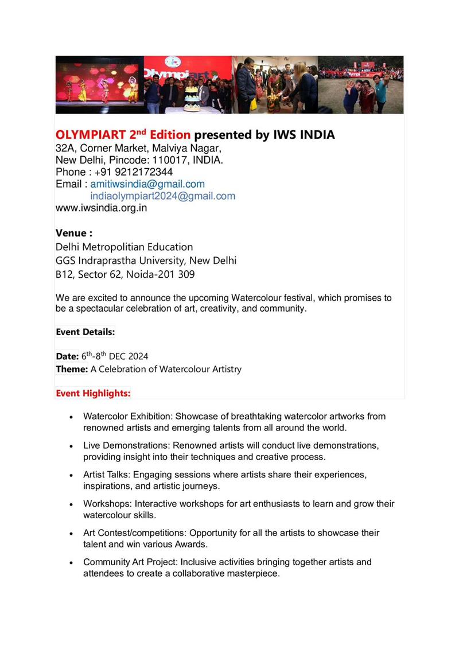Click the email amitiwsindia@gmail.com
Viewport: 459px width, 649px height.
click(147, 184)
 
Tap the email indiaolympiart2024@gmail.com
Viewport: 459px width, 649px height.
click(163, 196)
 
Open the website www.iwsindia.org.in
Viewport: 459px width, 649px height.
click(101, 208)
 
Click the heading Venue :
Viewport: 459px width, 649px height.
click(74, 233)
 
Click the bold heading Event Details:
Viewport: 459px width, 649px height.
click(85, 332)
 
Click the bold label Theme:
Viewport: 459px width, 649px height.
click(72, 369)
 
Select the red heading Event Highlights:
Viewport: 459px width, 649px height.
click(93, 394)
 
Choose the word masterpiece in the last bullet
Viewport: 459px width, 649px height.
click(252, 573)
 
